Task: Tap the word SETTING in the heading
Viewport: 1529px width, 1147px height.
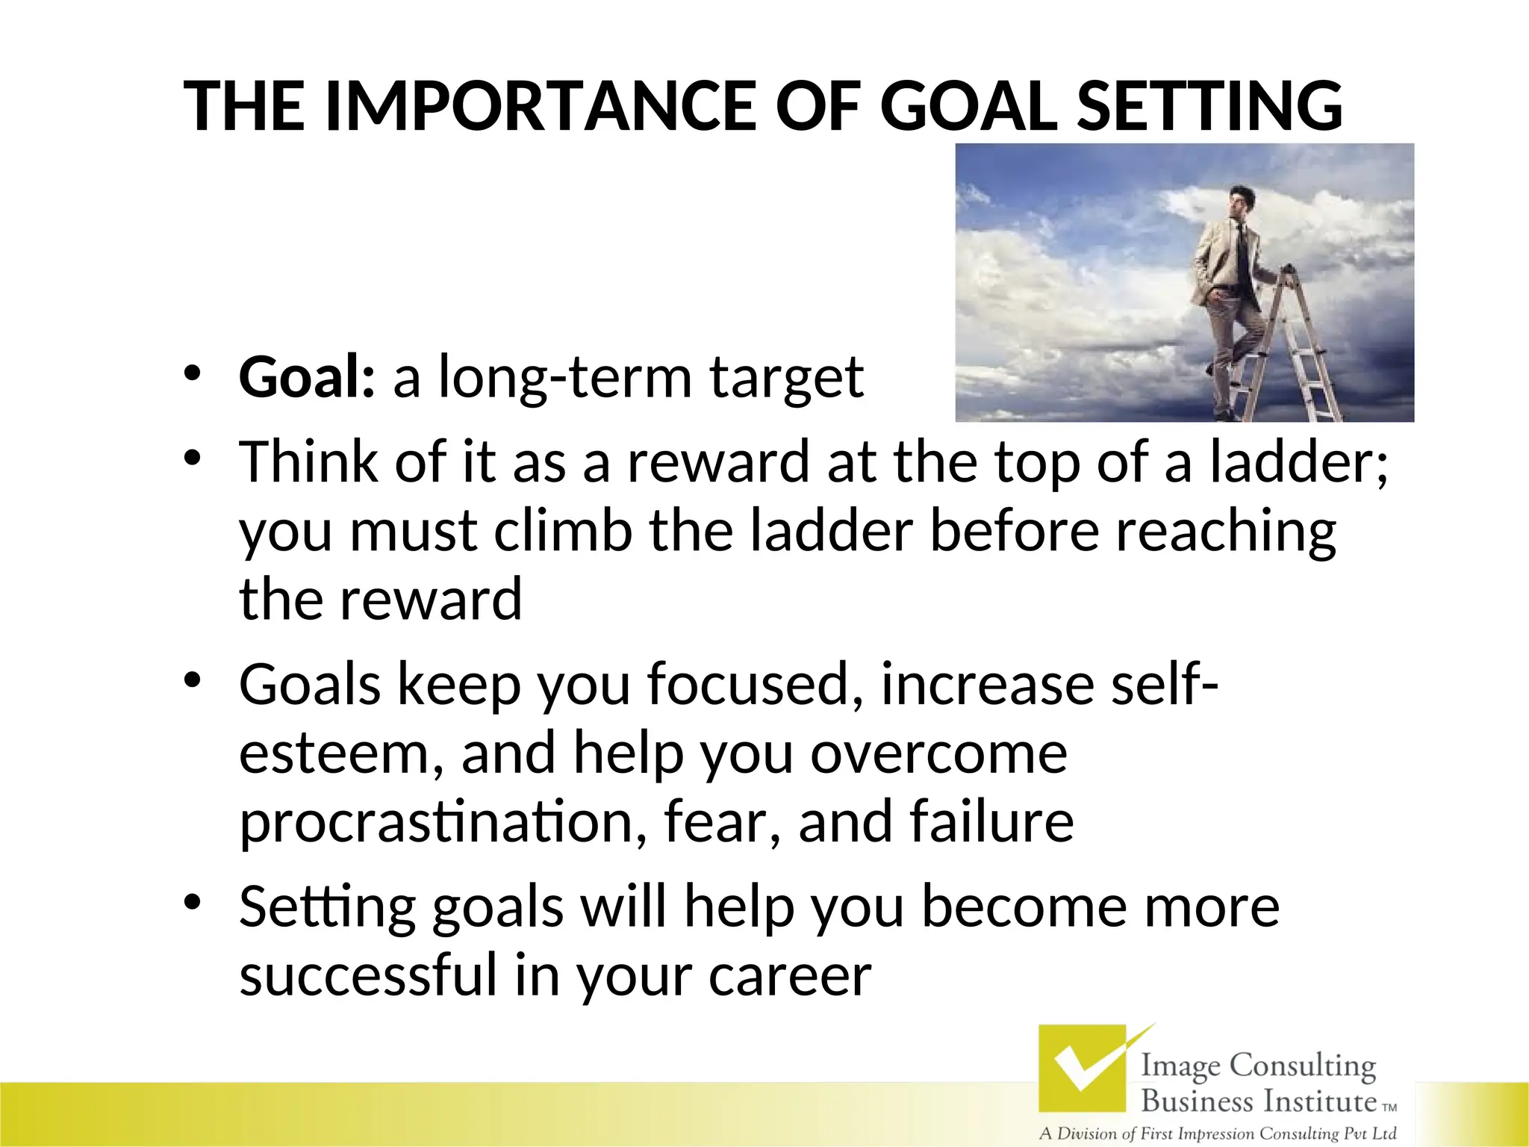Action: pos(1210,107)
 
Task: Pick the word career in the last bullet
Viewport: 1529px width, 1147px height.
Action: pos(790,976)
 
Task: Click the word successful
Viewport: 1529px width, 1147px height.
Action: pos(368,976)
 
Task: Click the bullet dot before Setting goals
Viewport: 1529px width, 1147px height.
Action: pos(193,904)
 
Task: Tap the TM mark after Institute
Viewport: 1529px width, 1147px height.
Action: pos(1389,1108)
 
